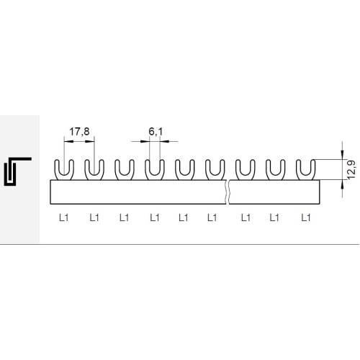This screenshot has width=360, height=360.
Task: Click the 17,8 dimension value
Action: pos(79,132)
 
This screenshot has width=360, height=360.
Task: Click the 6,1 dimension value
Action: pos(156,132)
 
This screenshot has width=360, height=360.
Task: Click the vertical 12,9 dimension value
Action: pos(351,170)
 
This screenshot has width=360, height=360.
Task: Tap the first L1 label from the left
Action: pos(64,217)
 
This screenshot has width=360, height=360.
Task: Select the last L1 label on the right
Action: pos(306,217)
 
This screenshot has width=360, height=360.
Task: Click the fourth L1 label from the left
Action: pos(155,217)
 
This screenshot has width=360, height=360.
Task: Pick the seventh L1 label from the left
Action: pos(246,217)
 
